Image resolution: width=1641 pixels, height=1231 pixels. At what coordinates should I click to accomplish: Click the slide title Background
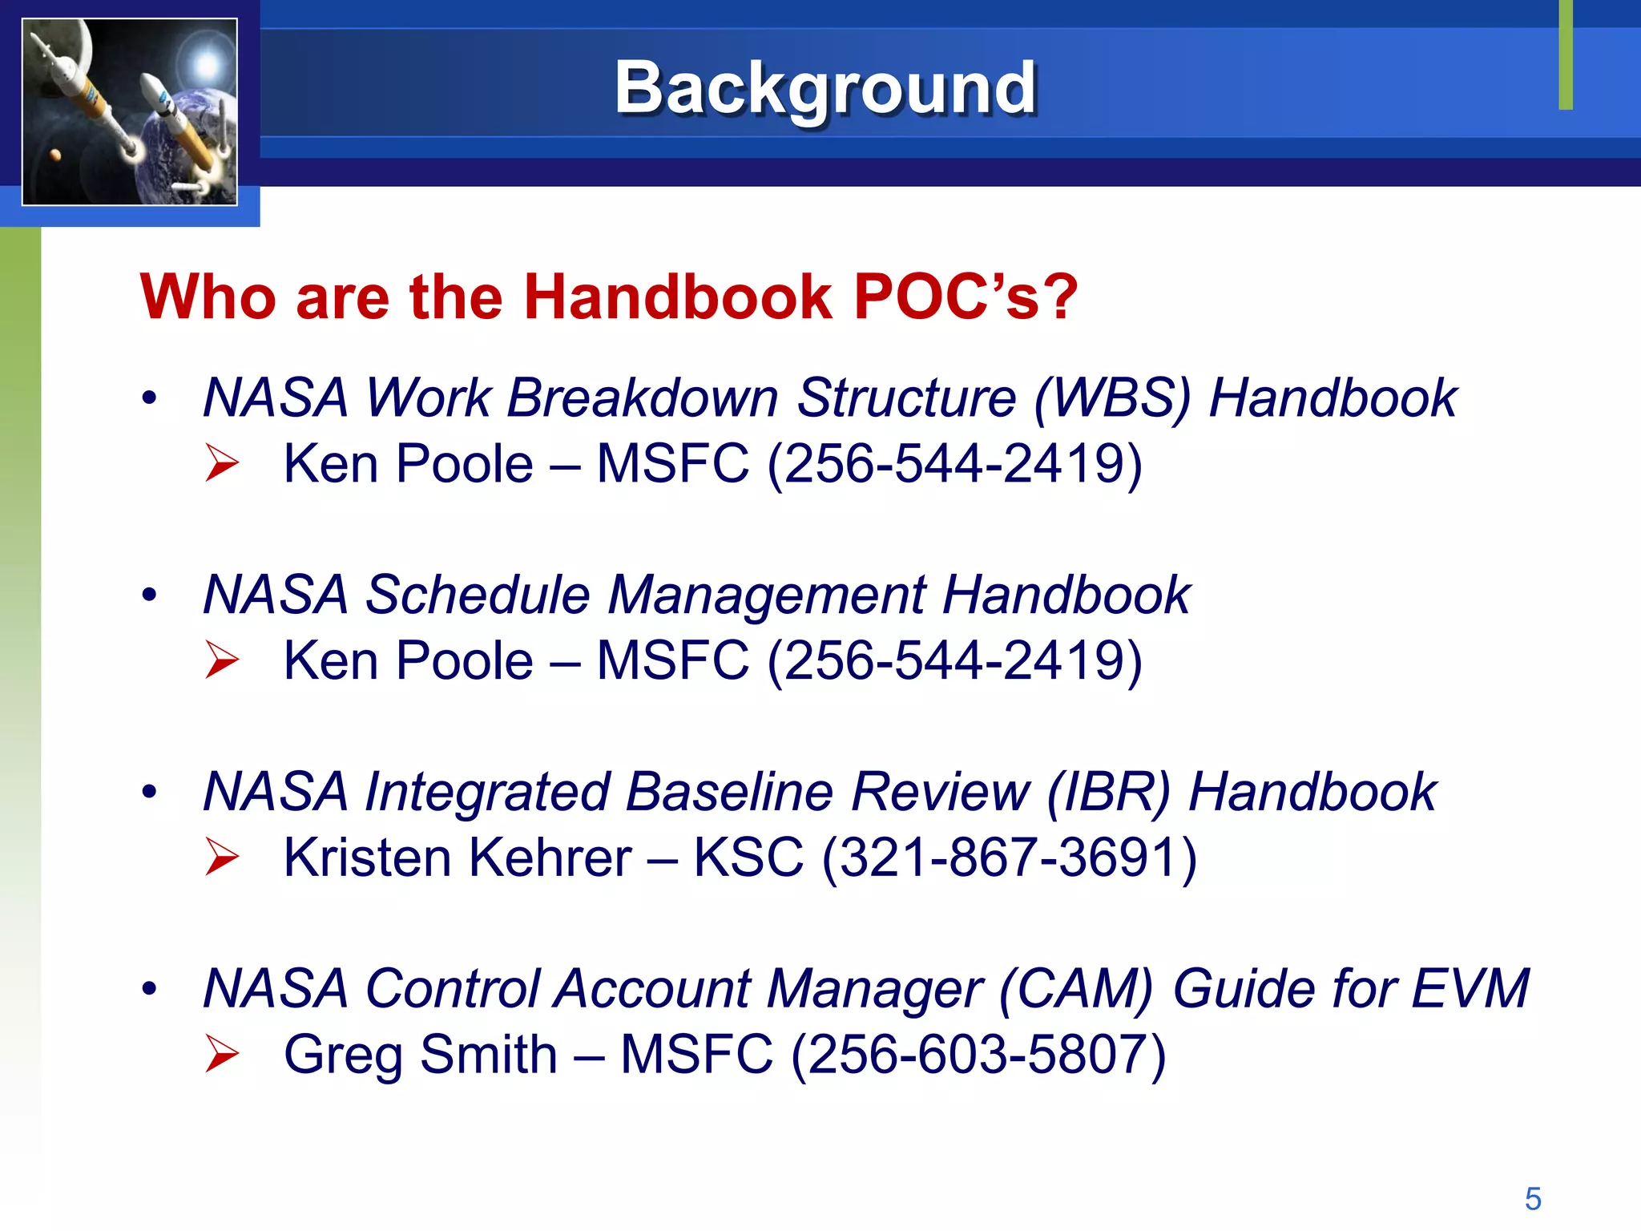click(825, 88)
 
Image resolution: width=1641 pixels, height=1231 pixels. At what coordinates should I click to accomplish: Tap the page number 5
click(1533, 1199)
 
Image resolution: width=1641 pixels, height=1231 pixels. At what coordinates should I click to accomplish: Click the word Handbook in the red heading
click(678, 297)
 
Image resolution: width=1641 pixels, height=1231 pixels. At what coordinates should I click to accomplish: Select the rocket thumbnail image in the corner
click(130, 112)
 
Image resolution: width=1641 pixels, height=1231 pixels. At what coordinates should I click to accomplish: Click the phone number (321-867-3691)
click(1010, 858)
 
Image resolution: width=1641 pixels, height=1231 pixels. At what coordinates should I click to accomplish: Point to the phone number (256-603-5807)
click(978, 1055)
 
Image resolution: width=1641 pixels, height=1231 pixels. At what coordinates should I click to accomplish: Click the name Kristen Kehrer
click(458, 858)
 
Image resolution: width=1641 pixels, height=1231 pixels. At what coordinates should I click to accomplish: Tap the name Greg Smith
click(421, 1055)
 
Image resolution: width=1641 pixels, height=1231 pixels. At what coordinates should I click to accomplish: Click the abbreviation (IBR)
click(1108, 793)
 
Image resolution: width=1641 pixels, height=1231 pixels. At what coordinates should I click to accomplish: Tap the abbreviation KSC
click(748, 858)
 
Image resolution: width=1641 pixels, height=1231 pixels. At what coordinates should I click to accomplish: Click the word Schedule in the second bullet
click(478, 595)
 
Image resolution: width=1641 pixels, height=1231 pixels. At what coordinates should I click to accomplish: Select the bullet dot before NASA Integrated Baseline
click(149, 792)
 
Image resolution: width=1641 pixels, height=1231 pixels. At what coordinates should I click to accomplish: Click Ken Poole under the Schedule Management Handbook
click(409, 661)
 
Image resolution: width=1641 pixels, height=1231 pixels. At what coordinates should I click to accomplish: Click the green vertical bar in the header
click(1566, 54)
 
